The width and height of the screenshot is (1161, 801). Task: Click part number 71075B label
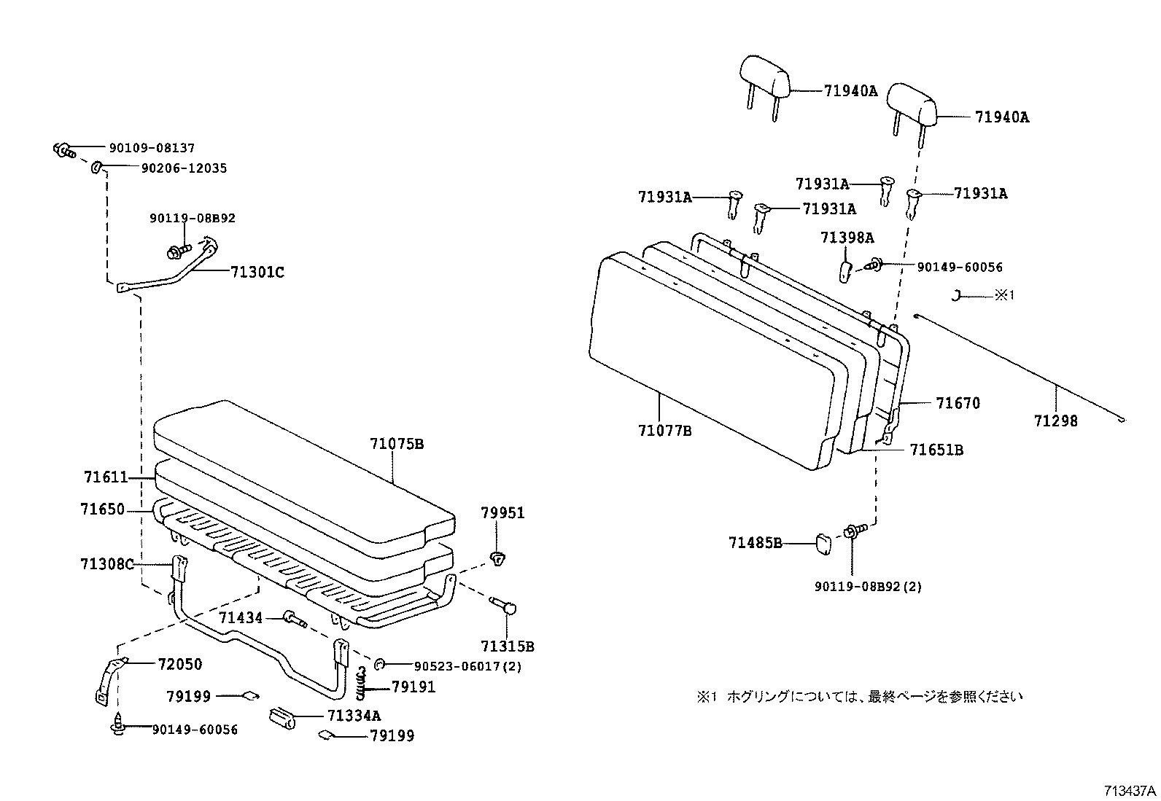tap(396, 443)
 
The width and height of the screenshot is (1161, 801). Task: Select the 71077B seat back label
tap(664, 431)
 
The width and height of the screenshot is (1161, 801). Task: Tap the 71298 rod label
tap(1055, 421)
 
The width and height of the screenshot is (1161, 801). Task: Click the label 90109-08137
tap(152, 148)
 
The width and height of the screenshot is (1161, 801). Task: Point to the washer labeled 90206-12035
tap(96, 169)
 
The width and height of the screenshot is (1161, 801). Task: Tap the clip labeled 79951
tap(498, 559)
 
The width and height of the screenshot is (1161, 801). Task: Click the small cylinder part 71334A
tap(281, 718)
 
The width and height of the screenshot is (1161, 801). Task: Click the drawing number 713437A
tap(1130, 791)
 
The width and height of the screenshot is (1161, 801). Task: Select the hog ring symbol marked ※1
tap(957, 295)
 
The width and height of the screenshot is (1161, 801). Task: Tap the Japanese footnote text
tap(860, 697)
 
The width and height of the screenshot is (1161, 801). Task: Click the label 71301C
tap(257, 273)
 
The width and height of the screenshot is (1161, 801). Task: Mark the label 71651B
tap(936, 450)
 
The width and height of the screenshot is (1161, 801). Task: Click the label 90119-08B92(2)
tap(868, 586)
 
